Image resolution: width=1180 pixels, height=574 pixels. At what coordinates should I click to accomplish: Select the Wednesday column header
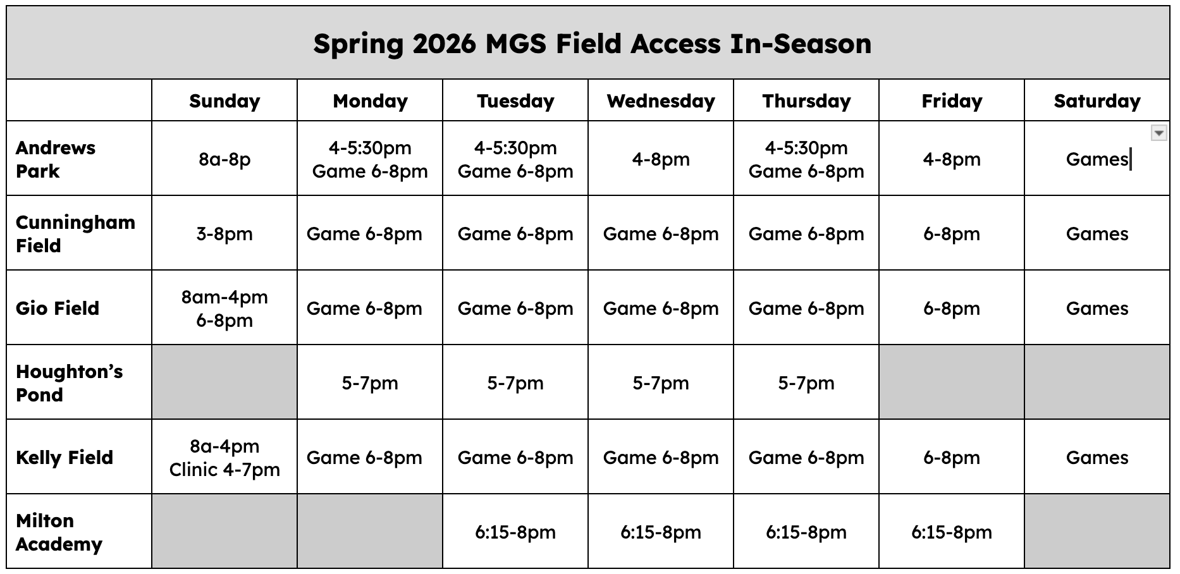point(661,101)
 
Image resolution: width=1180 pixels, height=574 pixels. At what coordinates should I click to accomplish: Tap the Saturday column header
point(1097,101)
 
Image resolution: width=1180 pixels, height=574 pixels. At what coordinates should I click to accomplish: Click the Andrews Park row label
point(56,159)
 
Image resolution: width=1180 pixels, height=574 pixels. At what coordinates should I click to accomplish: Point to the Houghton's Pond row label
point(70,382)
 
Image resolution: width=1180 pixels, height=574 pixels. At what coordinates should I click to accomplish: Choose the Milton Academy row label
point(59,532)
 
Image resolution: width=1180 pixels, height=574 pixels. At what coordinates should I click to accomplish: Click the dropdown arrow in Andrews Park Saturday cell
point(1158,133)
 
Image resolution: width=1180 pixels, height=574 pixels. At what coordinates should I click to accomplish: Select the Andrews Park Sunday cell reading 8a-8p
point(224,159)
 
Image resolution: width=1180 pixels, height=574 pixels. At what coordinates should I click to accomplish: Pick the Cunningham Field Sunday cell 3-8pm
point(224,233)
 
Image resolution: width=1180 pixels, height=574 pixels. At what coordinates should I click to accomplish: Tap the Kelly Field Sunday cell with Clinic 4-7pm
point(224,457)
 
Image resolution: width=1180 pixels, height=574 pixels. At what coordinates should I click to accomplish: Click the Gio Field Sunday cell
point(224,308)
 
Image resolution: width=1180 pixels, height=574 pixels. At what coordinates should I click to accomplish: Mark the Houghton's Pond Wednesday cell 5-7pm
point(661,382)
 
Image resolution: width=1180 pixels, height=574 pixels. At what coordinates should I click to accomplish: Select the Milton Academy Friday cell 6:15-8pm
point(952,532)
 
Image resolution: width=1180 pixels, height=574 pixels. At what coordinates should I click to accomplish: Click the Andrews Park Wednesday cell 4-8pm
point(661,159)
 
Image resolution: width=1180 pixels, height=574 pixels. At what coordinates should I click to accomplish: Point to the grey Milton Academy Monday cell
point(370,532)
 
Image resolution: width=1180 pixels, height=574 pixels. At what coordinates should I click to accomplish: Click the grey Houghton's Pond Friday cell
point(952,382)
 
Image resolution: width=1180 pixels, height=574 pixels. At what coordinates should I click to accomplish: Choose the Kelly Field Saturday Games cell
point(1097,457)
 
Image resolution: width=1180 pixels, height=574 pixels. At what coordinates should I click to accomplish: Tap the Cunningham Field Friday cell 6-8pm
point(952,233)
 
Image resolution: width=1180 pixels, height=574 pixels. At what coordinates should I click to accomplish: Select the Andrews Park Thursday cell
point(806,159)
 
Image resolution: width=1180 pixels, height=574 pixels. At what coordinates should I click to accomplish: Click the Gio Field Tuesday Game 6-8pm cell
point(515,308)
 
